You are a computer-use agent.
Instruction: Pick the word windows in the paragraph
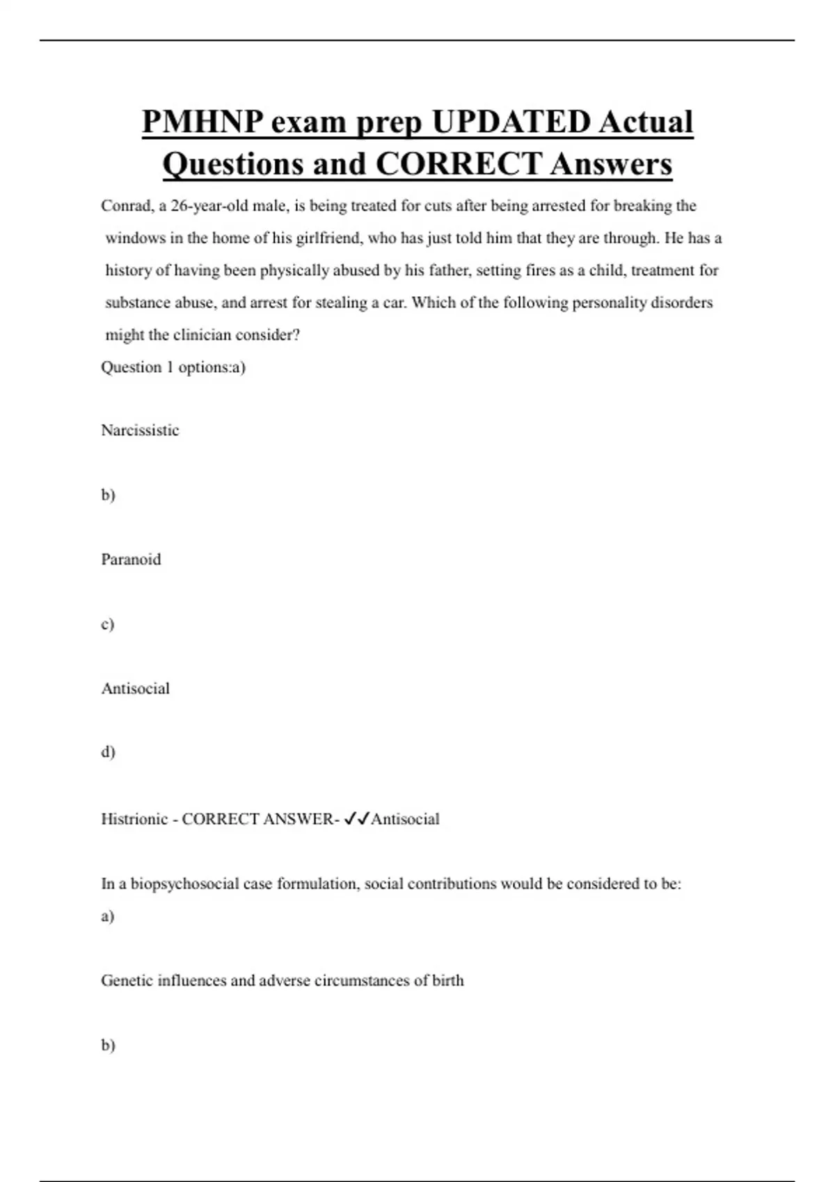135,238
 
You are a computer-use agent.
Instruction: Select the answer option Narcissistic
140,430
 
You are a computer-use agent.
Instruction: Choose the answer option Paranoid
131,560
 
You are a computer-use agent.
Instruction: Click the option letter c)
107,624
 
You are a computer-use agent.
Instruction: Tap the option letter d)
108,752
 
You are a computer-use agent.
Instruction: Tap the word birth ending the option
448,980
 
